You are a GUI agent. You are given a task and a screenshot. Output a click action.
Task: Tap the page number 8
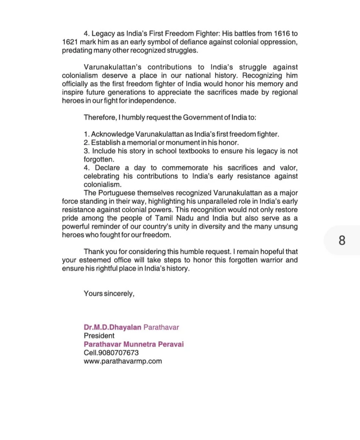[342, 240]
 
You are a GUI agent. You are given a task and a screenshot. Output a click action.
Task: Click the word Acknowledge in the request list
[112, 134]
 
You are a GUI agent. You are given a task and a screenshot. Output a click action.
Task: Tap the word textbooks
[193, 151]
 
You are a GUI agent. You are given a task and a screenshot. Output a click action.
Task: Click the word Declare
[108, 168]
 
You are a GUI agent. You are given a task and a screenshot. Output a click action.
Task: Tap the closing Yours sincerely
[109, 293]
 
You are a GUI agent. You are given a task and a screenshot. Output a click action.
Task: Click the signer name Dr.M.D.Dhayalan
[112, 327]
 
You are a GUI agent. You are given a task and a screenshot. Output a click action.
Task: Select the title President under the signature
[99, 336]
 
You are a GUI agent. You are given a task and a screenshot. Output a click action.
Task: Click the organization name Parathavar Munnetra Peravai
[134, 344]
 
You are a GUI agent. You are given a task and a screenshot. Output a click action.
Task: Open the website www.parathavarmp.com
[123, 361]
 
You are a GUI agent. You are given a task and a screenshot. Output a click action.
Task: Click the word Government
[203, 117]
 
